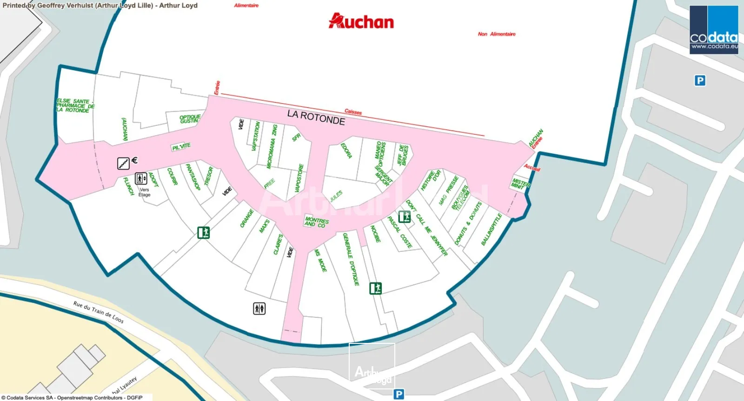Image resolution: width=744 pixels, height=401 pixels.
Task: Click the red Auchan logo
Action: [361, 21]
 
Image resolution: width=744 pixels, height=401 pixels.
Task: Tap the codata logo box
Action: [714, 30]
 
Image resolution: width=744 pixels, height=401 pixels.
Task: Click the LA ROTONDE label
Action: [316, 118]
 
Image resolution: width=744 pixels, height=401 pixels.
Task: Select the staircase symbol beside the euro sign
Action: [123, 163]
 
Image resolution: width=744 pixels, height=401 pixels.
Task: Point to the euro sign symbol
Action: [134, 160]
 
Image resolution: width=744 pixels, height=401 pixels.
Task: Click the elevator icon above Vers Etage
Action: [141, 178]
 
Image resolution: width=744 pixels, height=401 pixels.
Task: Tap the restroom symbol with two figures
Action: [259, 308]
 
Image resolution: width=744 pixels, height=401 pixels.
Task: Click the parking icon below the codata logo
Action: [700, 80]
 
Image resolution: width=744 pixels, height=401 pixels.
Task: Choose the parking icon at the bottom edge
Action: [399, 394]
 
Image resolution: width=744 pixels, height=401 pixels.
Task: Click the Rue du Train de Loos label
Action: [98, 311]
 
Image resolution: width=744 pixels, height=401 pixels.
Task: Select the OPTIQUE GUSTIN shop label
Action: [190, 119]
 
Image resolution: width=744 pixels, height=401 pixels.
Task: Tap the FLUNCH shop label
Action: [128, 186]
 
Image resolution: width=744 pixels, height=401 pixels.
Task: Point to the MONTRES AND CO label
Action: [317, 222]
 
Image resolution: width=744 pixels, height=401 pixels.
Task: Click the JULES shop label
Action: [336, 196]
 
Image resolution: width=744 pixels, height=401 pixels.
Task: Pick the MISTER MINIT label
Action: [520, 184]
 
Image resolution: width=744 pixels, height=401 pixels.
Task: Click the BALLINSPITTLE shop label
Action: [492, 229]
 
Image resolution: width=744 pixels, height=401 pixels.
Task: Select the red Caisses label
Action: [353, 112]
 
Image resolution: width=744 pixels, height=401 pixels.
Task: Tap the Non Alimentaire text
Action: [497, 34]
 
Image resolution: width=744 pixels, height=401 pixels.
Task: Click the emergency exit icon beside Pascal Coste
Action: [404, 217]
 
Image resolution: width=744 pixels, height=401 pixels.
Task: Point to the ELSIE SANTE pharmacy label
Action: [75, 105]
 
